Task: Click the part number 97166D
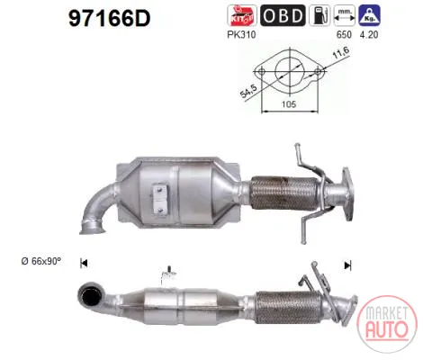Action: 109,18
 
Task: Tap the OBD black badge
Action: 283,15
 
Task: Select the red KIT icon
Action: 242,15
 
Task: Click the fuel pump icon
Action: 319,15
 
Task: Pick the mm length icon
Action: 345,15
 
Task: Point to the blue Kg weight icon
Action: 369,15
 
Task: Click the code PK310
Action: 241,35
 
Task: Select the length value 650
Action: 344,35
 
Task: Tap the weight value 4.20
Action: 369,35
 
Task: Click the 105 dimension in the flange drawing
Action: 289,104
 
